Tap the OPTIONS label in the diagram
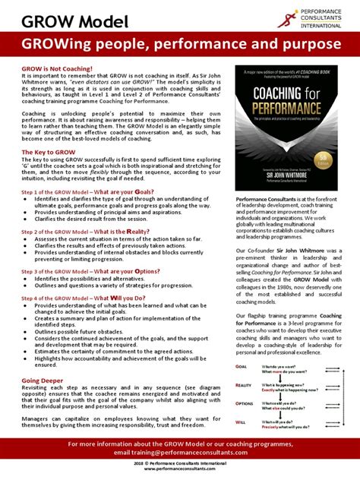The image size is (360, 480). pyautogui.click(x=245, y=404)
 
